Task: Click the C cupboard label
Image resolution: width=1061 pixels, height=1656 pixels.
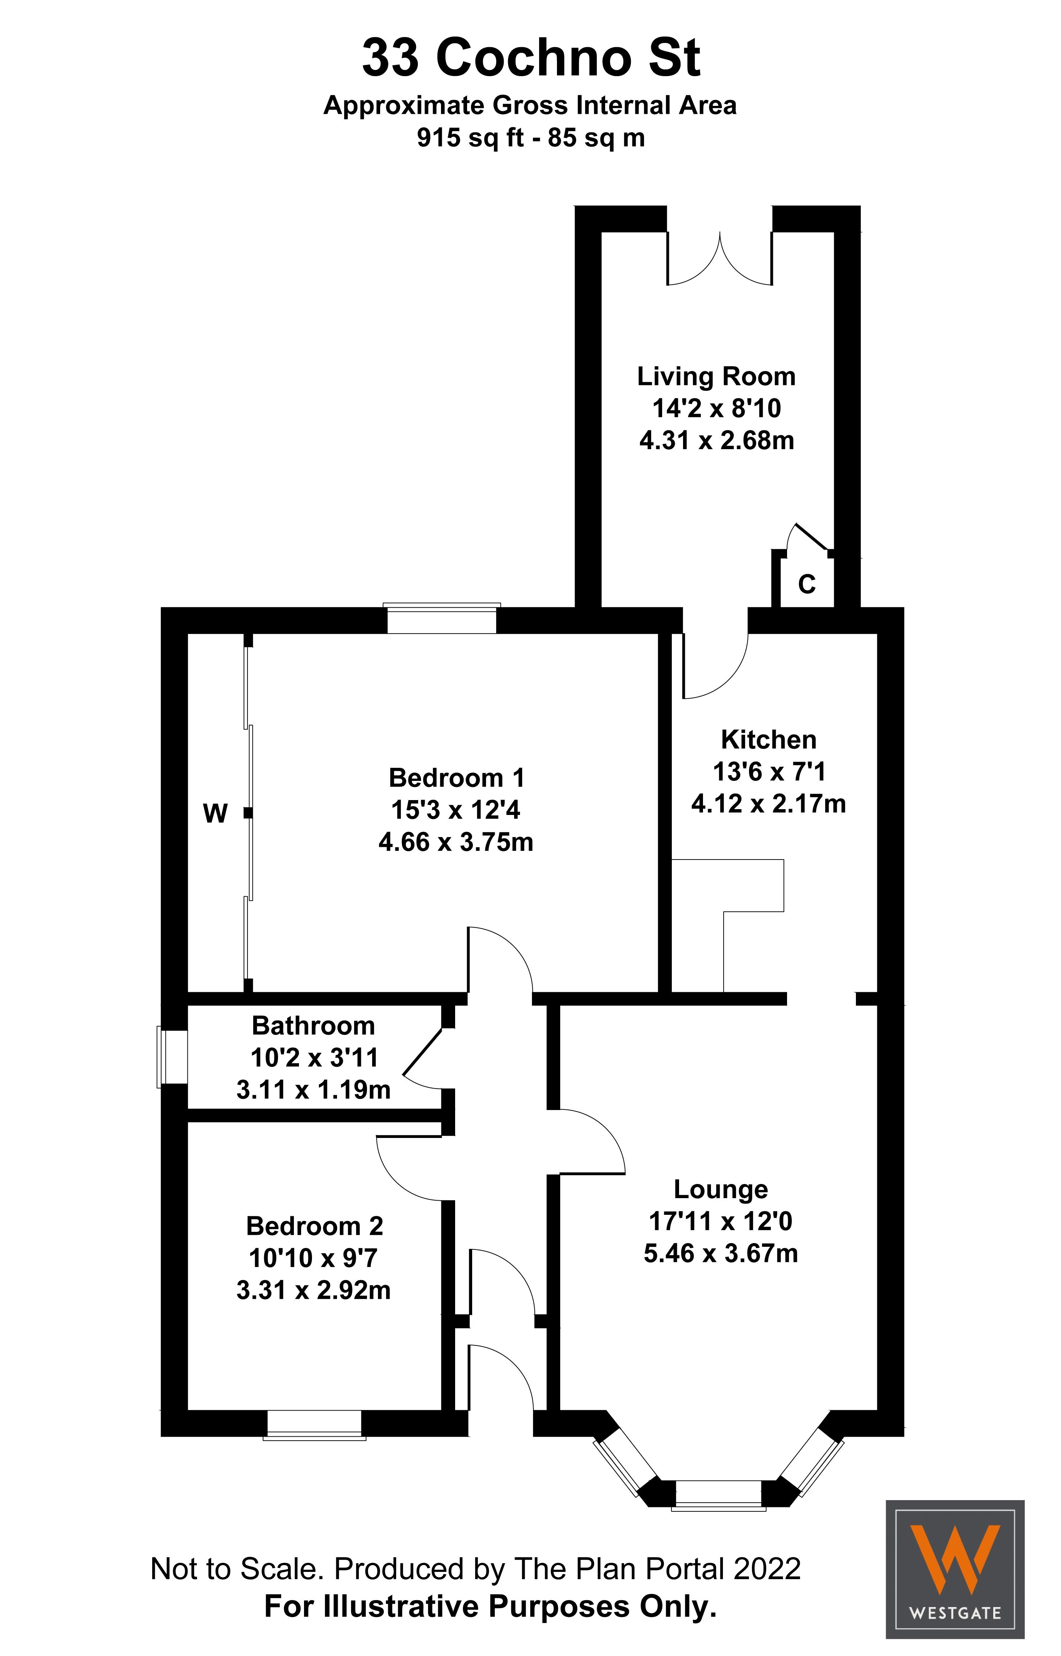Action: tap(806, 585)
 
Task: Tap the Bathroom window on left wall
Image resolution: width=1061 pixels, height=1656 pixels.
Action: tap(172, 1057)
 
